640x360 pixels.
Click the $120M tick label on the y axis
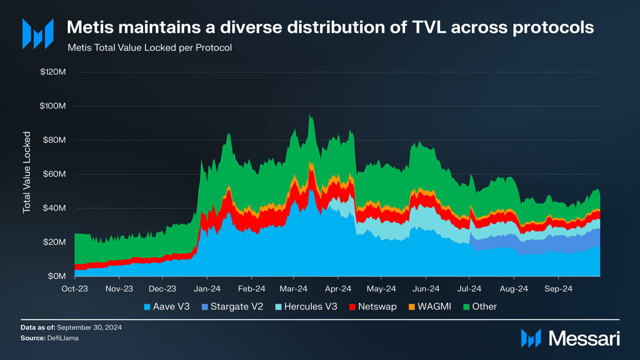[53, 72]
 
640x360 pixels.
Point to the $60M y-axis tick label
[54, 174]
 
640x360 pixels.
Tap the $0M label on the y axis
[57, 276]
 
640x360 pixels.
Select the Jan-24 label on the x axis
[207, 289]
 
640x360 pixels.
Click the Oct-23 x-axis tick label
[75, 289]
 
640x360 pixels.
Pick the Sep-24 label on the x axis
[558, 289]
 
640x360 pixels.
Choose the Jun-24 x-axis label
[426, 289]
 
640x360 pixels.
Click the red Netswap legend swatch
[352, 307]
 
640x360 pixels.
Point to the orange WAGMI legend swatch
[412, 307]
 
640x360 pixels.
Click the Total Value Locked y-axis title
[27, 172]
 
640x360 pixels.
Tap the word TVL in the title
[429, 27]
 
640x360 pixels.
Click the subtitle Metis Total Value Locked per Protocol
[150, 48]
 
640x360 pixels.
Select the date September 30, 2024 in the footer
[89, 327]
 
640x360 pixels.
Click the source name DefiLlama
[63, 338]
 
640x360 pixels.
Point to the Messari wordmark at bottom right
[584, 339]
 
